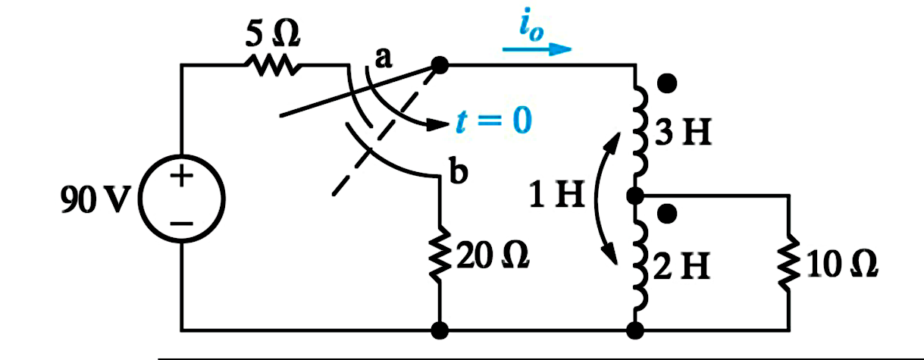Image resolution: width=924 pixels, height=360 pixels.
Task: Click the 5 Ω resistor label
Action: click(273, 34)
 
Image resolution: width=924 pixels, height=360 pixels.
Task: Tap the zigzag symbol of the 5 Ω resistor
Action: click(273, 65)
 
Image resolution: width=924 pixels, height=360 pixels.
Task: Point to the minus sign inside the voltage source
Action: click(181, 224)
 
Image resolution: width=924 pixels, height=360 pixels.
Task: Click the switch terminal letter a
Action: click(384, 59)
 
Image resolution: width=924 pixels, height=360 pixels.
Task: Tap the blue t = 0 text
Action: click(493, 121)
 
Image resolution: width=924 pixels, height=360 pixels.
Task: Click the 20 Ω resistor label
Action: click(492, 256)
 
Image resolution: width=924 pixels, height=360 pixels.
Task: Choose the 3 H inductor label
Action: click(683, 133)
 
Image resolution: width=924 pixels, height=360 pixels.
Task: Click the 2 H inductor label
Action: click(682, 266)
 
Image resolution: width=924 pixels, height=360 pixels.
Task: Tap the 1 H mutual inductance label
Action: click(556, 194)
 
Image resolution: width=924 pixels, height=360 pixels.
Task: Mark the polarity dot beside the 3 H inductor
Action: click(667, 83)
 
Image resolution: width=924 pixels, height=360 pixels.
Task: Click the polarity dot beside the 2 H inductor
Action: click(667, 214)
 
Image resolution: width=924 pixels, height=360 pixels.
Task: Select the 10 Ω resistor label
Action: click(842, 264)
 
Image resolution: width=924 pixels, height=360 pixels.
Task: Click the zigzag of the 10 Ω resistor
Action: click(789, 263)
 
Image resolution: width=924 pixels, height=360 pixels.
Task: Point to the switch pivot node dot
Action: click(440, 65)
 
